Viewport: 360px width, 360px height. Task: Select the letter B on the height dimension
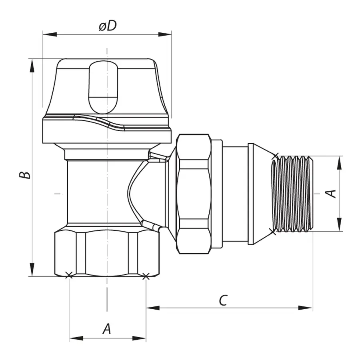click(25, 175)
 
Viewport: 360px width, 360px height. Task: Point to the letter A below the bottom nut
click(106, 329)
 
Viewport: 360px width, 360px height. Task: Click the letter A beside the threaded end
click(331, 194)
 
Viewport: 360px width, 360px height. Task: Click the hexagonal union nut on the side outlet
click(194, 193)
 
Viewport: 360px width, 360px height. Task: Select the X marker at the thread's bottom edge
click(273, 230)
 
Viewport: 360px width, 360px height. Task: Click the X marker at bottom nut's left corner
click(68, 275)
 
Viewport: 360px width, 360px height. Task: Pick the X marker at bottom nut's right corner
click(146, 276)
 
